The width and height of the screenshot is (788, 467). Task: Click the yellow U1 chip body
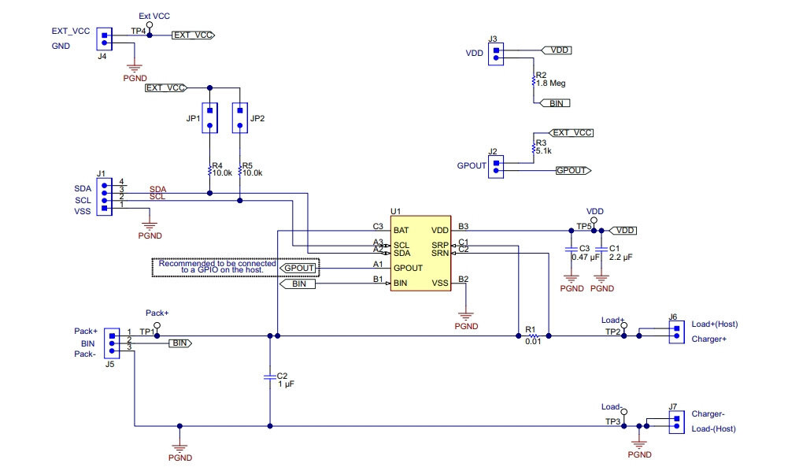[420, 254]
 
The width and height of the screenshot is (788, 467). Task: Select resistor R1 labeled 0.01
[533, 335]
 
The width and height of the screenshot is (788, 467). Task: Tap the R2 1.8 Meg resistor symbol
[533, 80]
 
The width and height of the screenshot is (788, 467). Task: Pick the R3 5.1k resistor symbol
[533, 148]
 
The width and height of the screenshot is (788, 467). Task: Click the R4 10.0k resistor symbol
[209, 171]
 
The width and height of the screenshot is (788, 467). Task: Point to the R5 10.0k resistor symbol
[240, 171]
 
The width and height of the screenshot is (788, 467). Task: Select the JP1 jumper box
[209, 118]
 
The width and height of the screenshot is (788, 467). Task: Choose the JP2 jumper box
[240, 118]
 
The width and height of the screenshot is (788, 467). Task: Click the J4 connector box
[104, 39]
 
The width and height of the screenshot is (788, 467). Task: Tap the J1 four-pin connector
[104, 197]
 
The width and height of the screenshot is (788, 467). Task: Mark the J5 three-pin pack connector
[112, 343]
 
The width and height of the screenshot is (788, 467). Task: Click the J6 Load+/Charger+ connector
[676, 332]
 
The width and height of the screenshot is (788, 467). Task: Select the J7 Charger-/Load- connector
[676, 422]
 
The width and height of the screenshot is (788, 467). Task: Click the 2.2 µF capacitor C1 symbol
[601, 250]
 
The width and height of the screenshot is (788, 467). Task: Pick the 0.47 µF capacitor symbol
[571, 250]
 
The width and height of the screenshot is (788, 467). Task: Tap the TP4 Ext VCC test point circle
[150, 24]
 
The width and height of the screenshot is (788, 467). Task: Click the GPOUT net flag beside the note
[299, 269]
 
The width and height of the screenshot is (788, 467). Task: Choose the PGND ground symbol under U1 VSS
[466, 317]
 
